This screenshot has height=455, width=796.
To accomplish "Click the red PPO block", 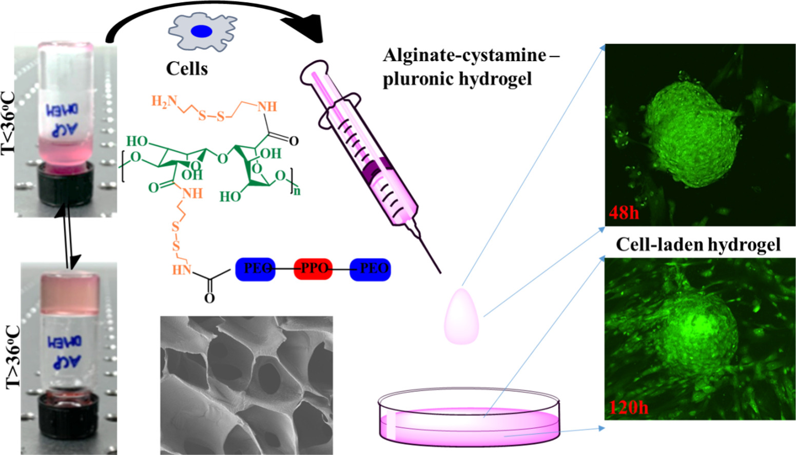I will pos(313,269).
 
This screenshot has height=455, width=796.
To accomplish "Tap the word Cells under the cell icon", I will pos(187,68).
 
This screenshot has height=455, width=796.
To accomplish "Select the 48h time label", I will pos(624,212).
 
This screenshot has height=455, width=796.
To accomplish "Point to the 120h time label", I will pos(629,407).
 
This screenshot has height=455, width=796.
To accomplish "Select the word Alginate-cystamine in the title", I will pos(464,54).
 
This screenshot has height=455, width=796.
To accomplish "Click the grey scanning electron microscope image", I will pos(246,385).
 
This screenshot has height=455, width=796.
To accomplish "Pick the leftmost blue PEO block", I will pos(255,269).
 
